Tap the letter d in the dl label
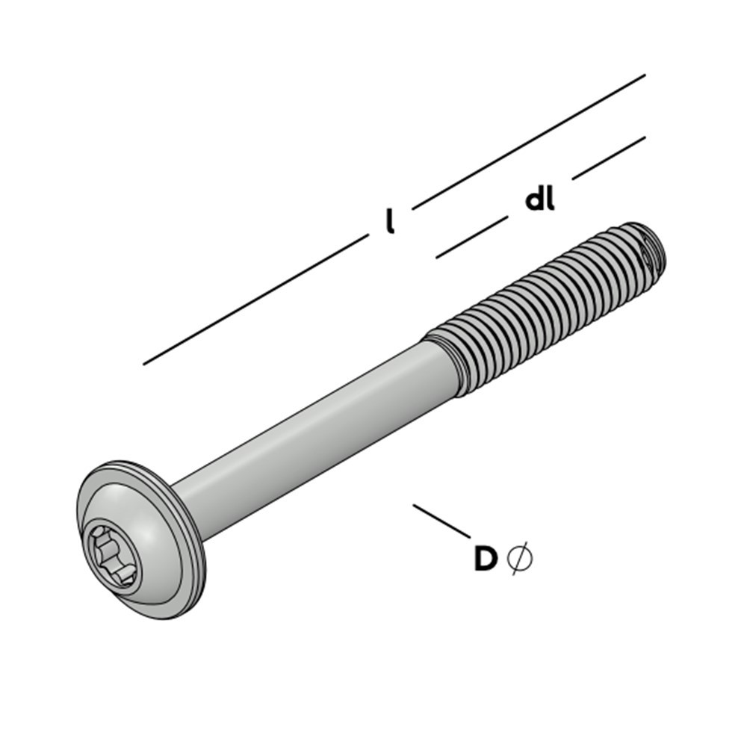[535, 199]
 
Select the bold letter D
[486, 559]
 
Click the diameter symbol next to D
[520, 558]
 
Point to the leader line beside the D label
[441, 521]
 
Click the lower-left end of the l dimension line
[145, 364]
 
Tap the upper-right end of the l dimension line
[643, 75]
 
